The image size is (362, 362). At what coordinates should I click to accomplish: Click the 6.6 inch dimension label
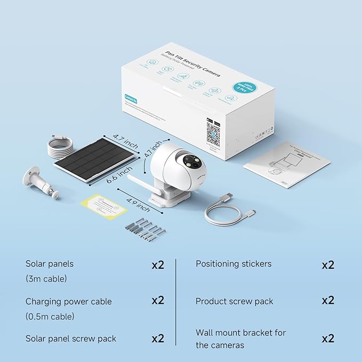pos(118,174)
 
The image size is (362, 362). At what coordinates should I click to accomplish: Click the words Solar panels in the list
pos(50,264)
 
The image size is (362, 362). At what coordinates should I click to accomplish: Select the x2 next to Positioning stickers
pos(328,264)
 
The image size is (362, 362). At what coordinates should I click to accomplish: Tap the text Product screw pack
pos(234,301)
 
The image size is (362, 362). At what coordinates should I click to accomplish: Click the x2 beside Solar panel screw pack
pos(158,338)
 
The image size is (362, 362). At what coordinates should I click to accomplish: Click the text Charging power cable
pos(69,301)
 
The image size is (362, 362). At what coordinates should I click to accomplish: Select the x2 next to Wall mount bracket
pos(328,338)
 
